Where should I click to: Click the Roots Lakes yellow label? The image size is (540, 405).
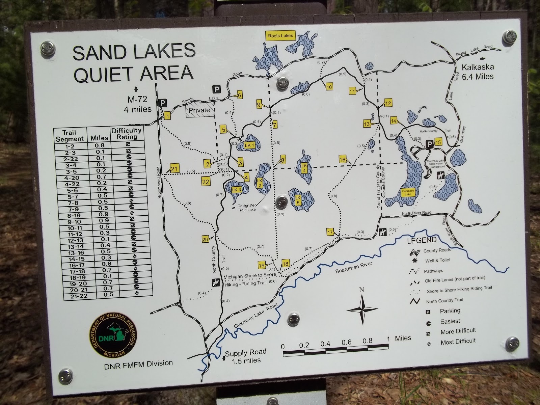tap(280, 36)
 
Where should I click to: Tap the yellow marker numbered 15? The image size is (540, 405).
tap(438, 142)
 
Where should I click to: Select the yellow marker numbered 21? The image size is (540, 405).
tap(174, 169)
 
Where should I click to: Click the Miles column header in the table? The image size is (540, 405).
tap(99, 137)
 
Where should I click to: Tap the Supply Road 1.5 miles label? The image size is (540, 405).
tap(245, 356)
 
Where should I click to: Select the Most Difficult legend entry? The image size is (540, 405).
tap(458, 342)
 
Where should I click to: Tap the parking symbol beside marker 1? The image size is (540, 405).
tap(163, 103)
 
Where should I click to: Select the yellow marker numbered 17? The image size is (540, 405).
tap(330, 232)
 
